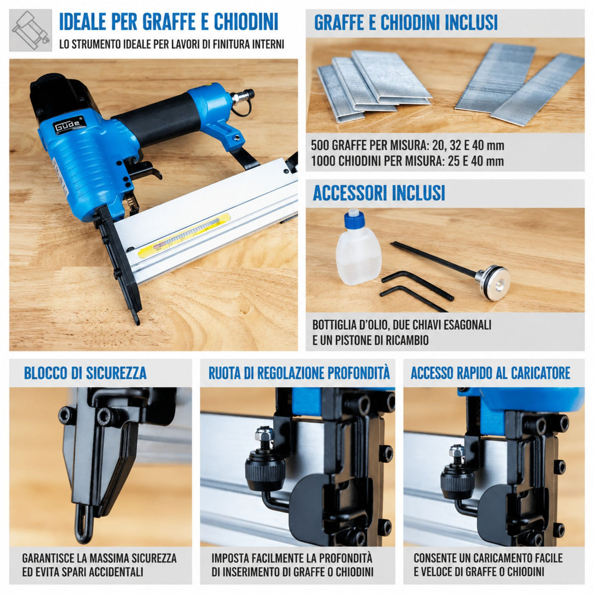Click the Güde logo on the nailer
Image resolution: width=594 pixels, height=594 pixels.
(x=69, y=125)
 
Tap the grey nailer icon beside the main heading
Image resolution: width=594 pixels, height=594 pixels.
(x=31, y=30)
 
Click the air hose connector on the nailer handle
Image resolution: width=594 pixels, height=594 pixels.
(x=243, y=96)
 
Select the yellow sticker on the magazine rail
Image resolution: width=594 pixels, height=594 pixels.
(x=184, y=235)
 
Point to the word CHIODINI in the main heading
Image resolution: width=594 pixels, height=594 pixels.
(x=246, y=22)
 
